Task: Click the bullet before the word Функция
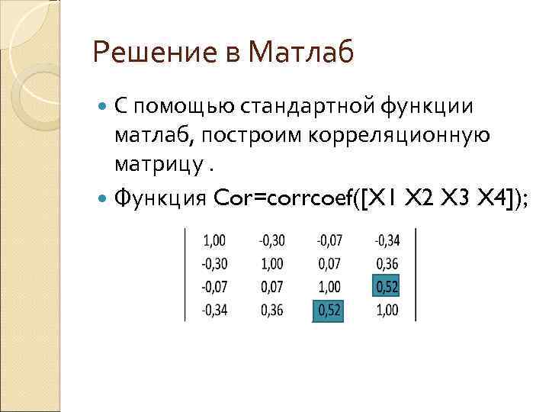point(104,198)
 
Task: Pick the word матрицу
point(157,165)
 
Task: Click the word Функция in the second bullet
point(161,198)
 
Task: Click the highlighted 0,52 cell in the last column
point(387,288)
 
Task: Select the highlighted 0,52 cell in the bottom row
point(329,311)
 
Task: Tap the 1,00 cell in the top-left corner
point(214,241)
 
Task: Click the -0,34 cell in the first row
point(387,241)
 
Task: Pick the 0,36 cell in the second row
point(387,265)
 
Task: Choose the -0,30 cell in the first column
point(214,265)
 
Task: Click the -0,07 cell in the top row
point(329,241)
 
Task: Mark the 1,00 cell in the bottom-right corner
point(387,311)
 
